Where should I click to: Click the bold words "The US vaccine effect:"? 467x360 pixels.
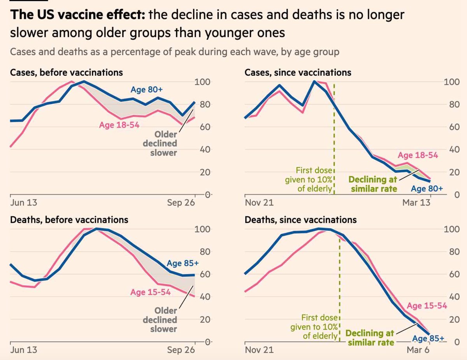(x=77, y=15)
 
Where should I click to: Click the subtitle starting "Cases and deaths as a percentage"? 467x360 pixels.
(x=174, y=52)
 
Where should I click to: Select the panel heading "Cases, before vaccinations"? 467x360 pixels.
(x=67, y=73)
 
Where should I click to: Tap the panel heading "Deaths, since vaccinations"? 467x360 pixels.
(x=300, y=220)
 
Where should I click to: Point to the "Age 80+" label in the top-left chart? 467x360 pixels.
(x=147, y=89)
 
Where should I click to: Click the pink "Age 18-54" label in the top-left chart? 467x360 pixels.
(x=119, y=125)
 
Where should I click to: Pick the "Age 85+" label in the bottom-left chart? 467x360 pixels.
(x=183, y=263)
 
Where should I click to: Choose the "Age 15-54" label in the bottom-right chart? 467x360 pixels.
(x=427, y=306)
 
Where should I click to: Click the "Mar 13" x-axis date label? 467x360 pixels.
(x=416, y=203)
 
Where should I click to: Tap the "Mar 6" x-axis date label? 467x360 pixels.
(x=418, y=350)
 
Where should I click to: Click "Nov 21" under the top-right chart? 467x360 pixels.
(x=259, y=203)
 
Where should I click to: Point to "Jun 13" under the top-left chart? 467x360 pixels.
(x=24, y=203)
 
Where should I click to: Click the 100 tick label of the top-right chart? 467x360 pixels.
(x=452, y=82)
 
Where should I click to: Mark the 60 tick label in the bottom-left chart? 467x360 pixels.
(x=205, y=274)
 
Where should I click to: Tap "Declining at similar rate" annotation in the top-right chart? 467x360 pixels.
(x=373, y=184)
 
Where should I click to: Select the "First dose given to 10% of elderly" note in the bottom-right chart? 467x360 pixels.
(x=314, y=327)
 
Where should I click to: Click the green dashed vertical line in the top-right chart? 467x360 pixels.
(x=334, y=139)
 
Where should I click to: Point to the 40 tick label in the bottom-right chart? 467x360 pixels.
(x=454, y=297)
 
